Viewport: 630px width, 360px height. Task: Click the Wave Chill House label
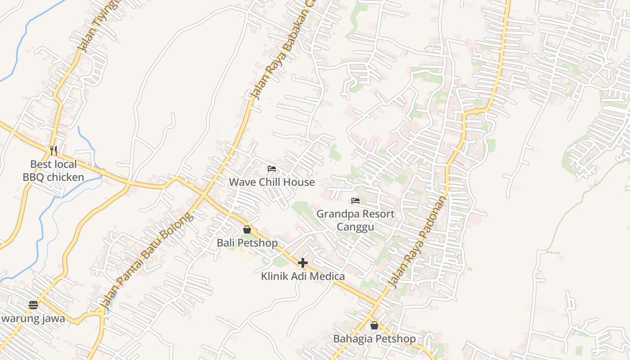(272, 182)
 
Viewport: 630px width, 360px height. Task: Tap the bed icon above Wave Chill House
(272, 169)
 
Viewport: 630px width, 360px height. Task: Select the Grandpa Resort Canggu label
(355, 220)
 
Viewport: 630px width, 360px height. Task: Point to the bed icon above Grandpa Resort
(355, 200)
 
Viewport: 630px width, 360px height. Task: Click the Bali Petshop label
(247, 243)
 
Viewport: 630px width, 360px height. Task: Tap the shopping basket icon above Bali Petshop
(247, 229)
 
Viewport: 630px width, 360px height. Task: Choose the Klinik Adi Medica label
(303, 276)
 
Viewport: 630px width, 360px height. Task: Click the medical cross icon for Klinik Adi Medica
(303, 263)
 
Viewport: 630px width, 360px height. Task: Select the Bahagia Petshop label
(374, 339)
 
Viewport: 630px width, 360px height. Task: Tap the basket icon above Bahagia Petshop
(374, 325)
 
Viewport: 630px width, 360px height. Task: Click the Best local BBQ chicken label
(54, 171)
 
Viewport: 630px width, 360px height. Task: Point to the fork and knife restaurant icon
(54, 150)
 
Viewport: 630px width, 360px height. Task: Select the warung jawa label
(32, 319)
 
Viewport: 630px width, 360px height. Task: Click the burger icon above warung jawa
(33, 305)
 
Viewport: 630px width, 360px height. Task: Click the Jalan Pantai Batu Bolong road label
(147, 261)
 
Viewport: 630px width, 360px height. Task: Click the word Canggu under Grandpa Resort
(355, 226)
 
